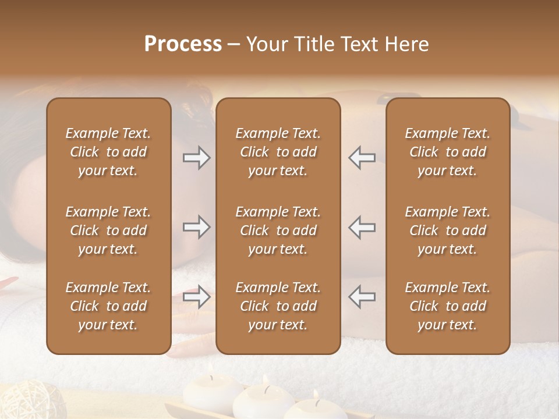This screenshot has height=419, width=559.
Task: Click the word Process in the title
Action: (183, 44)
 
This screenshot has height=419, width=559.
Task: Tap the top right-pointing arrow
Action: (197, 158)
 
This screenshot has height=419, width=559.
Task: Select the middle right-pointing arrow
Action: (197, 227)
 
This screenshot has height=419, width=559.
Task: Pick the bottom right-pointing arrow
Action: (197, 297)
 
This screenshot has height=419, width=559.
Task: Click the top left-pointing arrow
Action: (362, 158)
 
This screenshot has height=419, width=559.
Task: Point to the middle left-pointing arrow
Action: (362, 227)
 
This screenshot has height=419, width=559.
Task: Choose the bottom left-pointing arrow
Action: (362, 297)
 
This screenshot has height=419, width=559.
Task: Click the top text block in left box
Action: (108, 152)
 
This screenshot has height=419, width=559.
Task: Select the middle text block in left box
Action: (108, 230)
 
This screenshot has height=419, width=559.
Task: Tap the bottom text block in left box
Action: (108, 306)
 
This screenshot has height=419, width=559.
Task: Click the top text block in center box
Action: (278, 152)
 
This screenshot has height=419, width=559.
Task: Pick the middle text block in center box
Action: (278, 230)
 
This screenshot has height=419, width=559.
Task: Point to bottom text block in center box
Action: (278, 306)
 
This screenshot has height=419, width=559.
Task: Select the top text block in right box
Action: (448, 152)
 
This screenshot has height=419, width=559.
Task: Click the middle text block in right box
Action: (448, 230)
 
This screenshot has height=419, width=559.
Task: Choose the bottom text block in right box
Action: (448, 306)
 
